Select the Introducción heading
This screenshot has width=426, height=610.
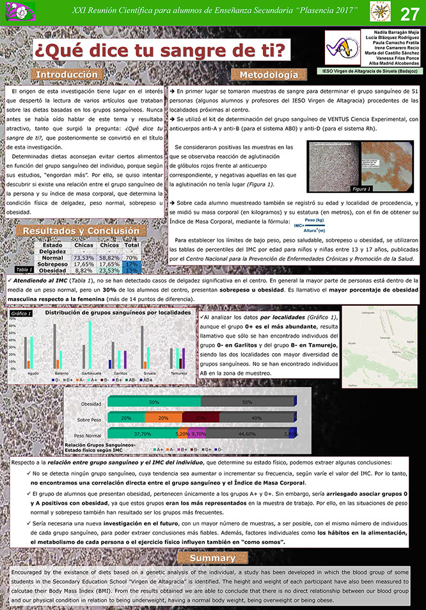pyautogui.click(x=70, y=75)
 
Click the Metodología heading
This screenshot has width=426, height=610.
pyautogui.click(x=269, y=76)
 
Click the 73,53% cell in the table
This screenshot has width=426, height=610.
pyautogui.click(x=84, y=258)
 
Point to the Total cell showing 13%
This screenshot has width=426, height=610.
pyautogui.click(x=132, y=270)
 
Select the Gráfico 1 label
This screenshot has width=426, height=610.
pyautogui.click(x=22, y=313)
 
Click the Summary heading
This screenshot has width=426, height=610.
pyautogui.click(x=212, y=559)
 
